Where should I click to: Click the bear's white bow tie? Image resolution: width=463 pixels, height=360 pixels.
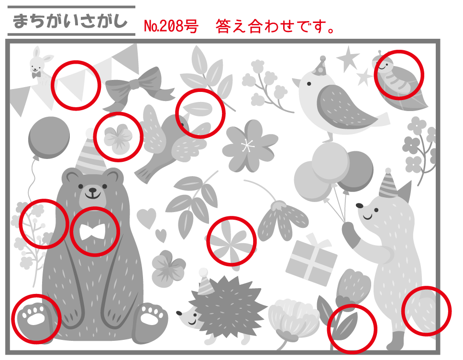coord(92,231)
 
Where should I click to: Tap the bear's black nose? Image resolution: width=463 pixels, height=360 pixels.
coord(92,190)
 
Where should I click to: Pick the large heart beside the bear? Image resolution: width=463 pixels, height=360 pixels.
coord(146,218)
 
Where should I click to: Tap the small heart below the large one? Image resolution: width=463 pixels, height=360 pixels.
coord(161,235)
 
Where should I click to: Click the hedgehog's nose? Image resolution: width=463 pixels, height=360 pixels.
coord(179,313)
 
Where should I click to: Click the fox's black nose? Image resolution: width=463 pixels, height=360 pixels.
coord(359,205)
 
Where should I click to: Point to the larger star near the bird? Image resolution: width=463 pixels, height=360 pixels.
coord(348,58)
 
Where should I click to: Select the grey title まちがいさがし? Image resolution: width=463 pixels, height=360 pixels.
coord(70,21)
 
